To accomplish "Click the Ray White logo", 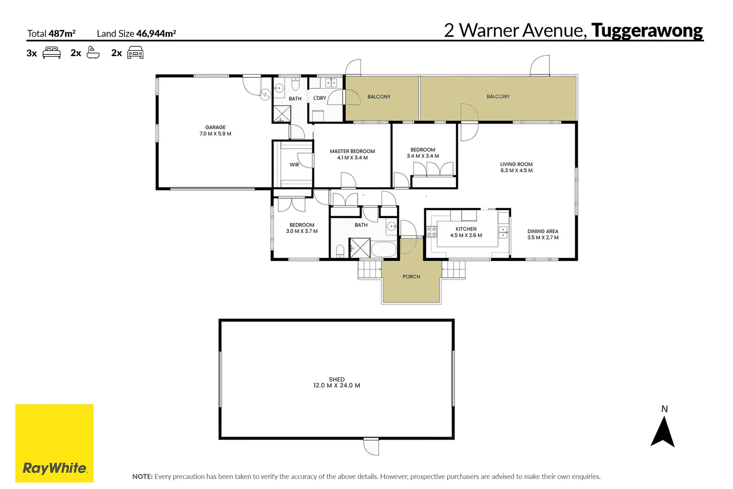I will tap(54, 443).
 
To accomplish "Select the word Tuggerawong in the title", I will tap(647, 31).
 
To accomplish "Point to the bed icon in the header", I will tap(52, 53).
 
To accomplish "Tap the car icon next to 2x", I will tap(135, 53).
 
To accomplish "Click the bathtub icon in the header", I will tap(93, 53).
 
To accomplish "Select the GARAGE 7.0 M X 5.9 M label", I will tap(215, 130).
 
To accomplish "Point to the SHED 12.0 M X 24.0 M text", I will tap(337, 383).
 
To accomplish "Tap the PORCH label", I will tap(411, 277).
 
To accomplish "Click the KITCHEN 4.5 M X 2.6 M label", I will tap(466, 232).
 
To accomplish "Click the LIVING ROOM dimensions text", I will tap(516, 171).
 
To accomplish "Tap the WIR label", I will tap(294, 165).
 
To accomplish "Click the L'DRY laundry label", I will tap(319, 98).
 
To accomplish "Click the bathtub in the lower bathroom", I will tap(384, 249).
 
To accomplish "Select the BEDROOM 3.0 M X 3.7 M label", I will tap(302, 228).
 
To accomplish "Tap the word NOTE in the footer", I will tap(142, 476).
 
